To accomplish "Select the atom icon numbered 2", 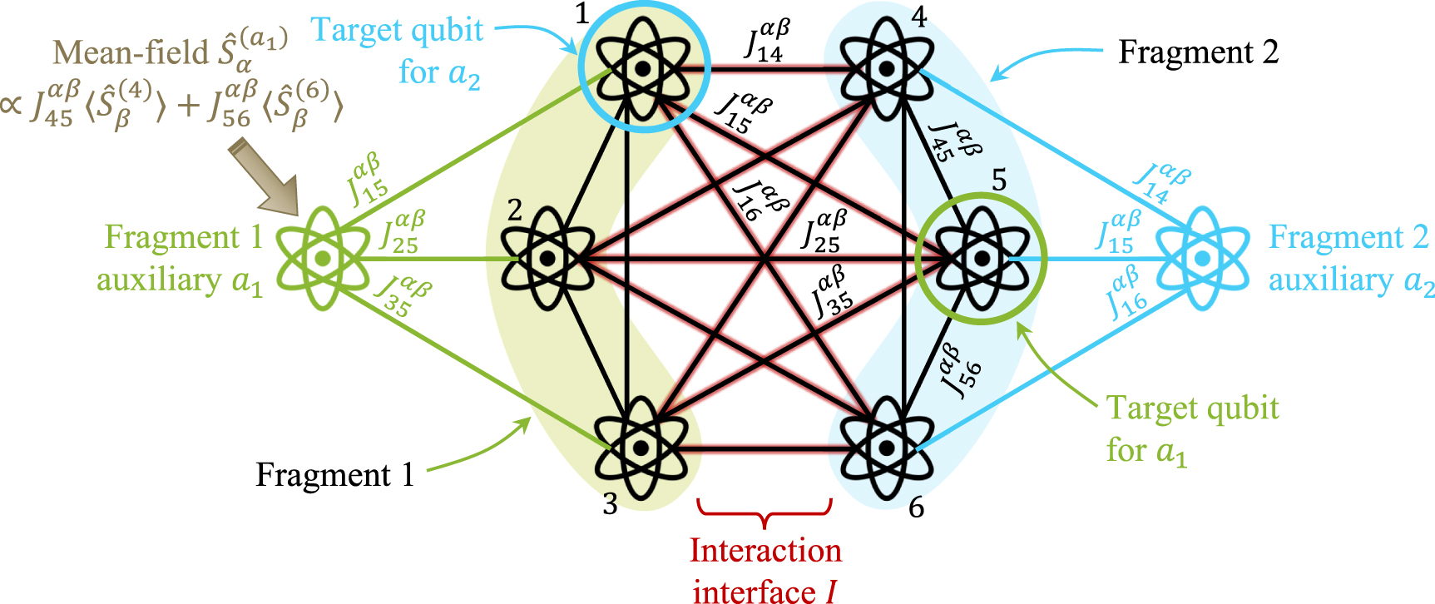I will coord(547,259).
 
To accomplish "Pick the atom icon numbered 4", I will coord(887,67).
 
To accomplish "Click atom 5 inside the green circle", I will coord(982,259).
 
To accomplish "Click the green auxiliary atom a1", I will coord(323,259).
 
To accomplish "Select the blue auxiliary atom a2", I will coord(1203,259).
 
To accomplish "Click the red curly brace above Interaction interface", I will coord(765,512).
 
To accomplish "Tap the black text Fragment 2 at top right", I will coord(1197,52).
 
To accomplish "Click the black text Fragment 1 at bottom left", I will coord(334,475).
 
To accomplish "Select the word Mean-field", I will coord(131,52).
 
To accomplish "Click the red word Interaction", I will coord(765,551).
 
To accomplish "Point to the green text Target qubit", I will coord(1191,408).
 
